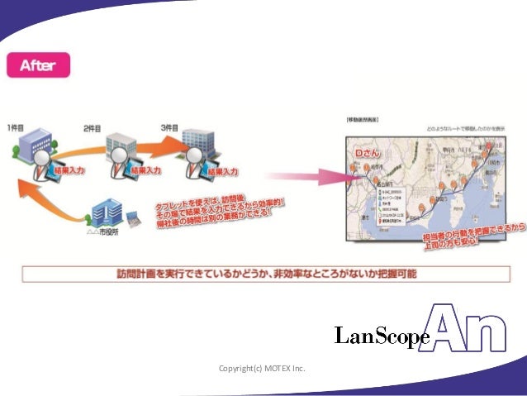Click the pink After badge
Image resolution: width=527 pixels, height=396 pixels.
coord(39,64)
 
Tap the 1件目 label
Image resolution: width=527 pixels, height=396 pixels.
coord(17,127)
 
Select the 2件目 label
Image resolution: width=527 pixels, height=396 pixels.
coord(93,129)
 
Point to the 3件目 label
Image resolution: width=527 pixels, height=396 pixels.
coord(170,127)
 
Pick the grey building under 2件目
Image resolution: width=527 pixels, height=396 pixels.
coord(121,145)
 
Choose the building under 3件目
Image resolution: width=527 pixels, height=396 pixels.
coord(198,143)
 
